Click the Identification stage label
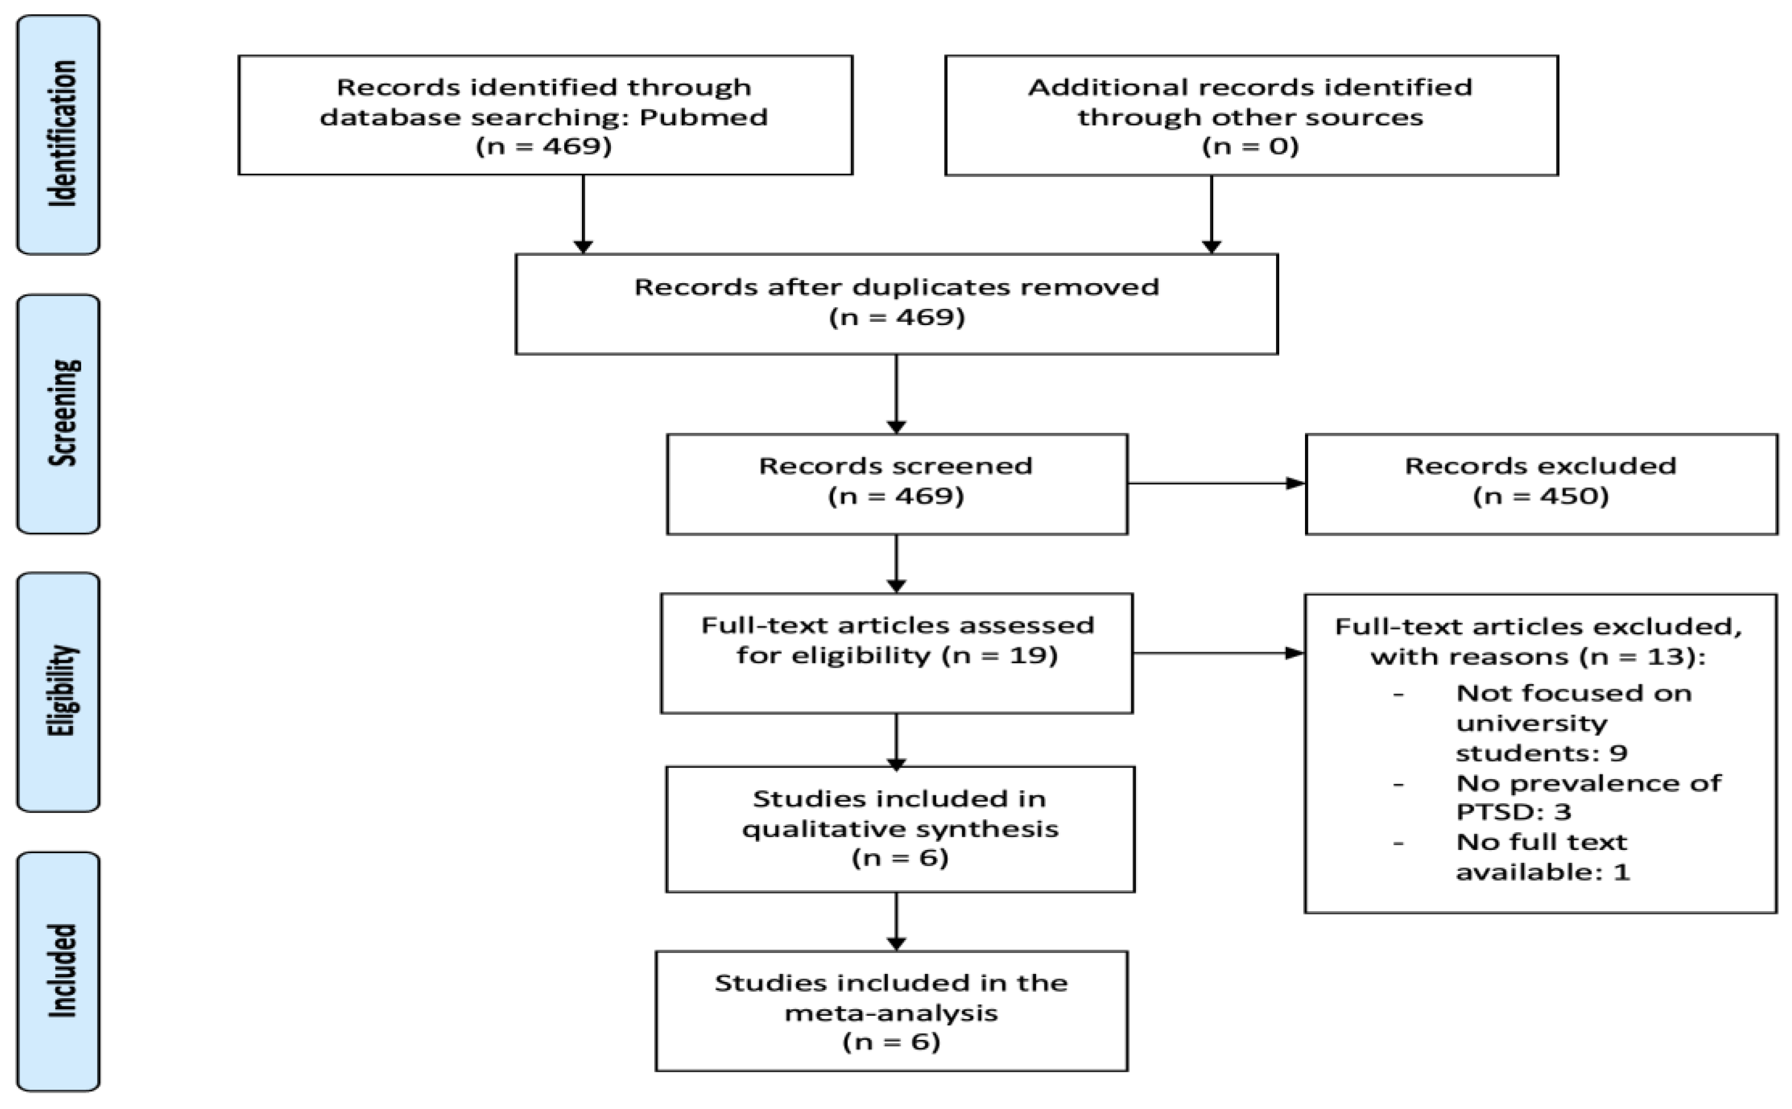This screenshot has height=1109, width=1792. [58, 134]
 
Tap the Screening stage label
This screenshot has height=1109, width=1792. [58, 413]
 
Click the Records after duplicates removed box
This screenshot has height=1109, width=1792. [896, 303]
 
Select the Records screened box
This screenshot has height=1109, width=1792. [896, 483]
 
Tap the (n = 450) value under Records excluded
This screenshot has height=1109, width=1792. [1540, 497]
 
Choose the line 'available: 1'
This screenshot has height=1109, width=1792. [1542, 872]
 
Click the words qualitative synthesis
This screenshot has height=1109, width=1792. [900, 829]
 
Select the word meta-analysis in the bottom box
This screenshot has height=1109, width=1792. [891, 1013]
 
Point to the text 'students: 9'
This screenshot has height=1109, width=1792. [1541, 752]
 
